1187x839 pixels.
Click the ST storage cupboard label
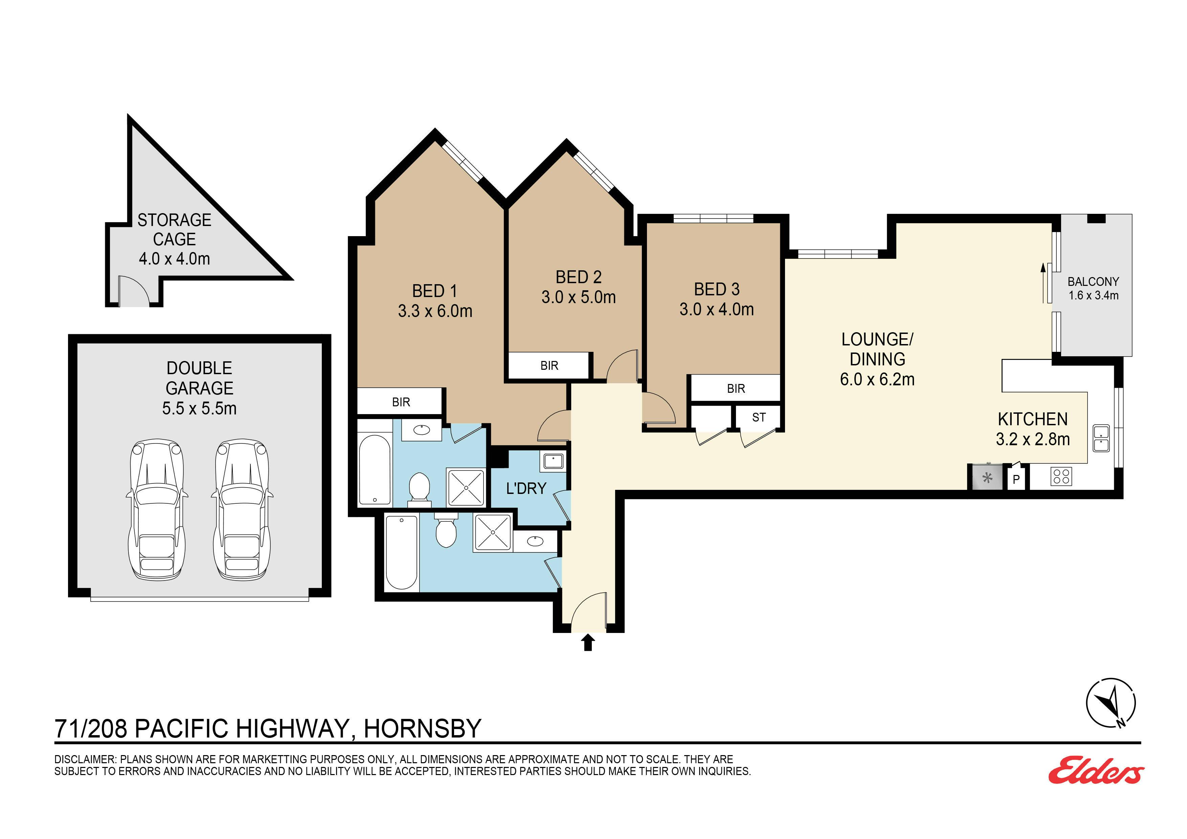pyautogui.click(x=758, y=417)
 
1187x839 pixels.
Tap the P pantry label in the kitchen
pyautogui.click(x=1016, y=479)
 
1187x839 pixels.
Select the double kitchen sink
pyautogui.click(x=1101, y=438)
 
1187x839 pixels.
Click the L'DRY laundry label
pyautogui.click(x=526, y=488)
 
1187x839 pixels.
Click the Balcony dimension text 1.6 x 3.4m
pyautogui.click(x=1093, y=296)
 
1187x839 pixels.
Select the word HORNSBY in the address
pyautogui.click(x=422, y=728)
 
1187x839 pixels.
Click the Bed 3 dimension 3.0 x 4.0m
pyautogui.click(x=717, y=309)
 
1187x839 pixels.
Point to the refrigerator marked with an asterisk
pyautogui.click(x=987, y=478)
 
